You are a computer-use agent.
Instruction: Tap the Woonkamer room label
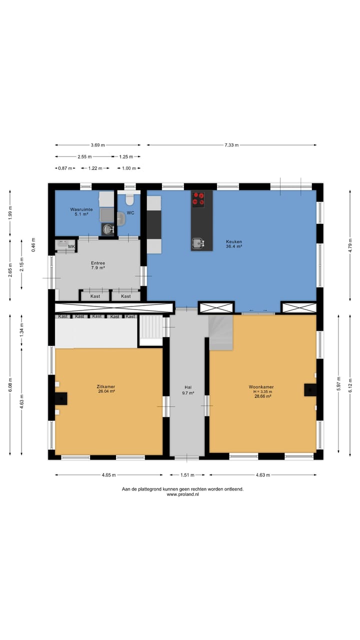[261, 387]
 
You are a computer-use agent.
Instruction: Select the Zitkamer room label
[106, 386]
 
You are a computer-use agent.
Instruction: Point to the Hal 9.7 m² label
[188, 390]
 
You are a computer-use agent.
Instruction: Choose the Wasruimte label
[81, 209]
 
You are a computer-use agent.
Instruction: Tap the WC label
[130, 213]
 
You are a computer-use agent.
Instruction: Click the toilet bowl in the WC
[129, 200]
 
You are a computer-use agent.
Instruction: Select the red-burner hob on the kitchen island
[198, 199]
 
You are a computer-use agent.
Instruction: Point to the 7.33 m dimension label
[231, 145]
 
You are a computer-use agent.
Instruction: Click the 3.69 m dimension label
[98, 145]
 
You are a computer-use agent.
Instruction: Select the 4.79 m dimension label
[350, 245]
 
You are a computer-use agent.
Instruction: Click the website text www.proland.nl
[183, 494]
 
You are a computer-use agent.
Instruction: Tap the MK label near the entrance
[71, 246]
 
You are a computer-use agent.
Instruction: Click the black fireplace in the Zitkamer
[61, 398]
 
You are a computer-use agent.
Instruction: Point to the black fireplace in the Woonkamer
[310, 390]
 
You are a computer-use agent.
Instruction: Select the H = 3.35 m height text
[262, 391]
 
